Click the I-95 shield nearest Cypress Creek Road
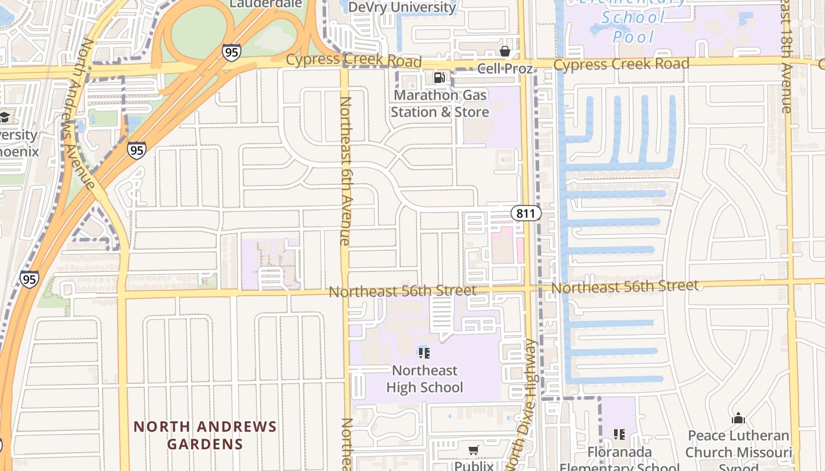pyautogui.click(x=232, y=52)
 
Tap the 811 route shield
pyautogui.click(x=526, y=213)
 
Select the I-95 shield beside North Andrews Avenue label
pyautogui.click(x=136, y=150)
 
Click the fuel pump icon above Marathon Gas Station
pyautogui.click(x=439, y=77)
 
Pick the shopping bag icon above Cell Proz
pyautogui.click(x=504, y=51)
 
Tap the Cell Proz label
pyautogui.click(x=504, y=68)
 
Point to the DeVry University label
pyautogui.click(x=402, y=7)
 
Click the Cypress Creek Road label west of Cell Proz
pyautogui.click(x=354, y=61)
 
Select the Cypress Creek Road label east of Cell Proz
pyautogui.click(x=621, y=64)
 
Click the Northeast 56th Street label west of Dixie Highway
pyautogui.click(x=402, y=291)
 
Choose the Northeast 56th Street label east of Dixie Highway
pyautogui.click(x=625, y=287)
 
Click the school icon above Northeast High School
pyautogui.click(x=424, y=353)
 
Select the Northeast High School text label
pyautogui.click(x=424, y=379)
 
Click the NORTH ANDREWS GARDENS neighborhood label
pyautogui.click(x=204, y=434)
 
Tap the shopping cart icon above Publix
pyautogui.click(x=473, y=450)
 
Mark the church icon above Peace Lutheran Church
pyautogui.click(x=738, y=419)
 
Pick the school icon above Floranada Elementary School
pyautogui.click(x=619, y=434)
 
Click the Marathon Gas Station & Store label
pyautogui.click(x=440, y=103)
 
